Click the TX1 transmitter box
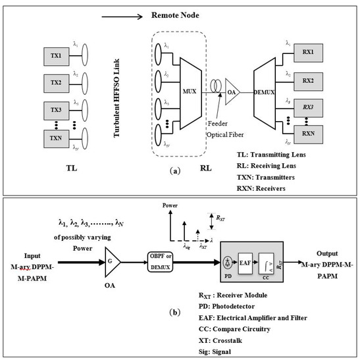(55, 58)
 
